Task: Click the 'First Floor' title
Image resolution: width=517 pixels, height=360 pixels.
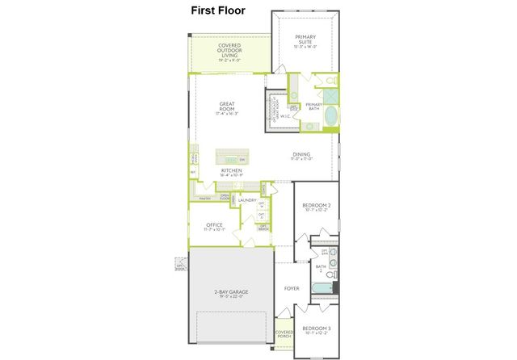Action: pyautogui.click(x=217, y=10)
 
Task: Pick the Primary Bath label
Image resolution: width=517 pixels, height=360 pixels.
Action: pyautogui.click(x=313, y=105)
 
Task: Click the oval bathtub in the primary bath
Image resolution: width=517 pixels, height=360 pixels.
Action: pyautogui.click(x=331, y=118)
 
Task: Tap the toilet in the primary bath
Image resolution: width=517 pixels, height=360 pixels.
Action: pyautogui.click(x=331, y=81)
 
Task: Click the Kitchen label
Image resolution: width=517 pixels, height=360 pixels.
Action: pyautogui.click(x=232, y=171)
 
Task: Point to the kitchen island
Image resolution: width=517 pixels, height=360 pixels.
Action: pyautogui.click(x=231, y=158)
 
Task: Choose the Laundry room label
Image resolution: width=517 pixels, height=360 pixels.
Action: pyautogui.click(x=247, y=200)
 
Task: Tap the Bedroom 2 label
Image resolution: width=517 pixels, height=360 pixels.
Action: pyautogui.click(x=316, y=207)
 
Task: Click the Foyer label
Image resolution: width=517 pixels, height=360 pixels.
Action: pyautogui.click(x=291, y=288)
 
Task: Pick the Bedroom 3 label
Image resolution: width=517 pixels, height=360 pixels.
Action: pyautogui.click(x=316, y=329)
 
